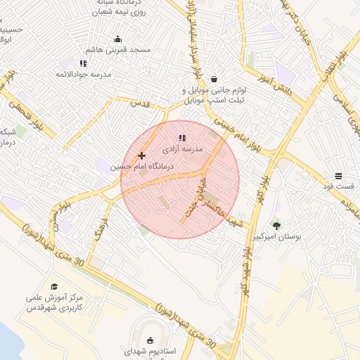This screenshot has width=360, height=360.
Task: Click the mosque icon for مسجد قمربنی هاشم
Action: pyautogui.click(x=117, y=39)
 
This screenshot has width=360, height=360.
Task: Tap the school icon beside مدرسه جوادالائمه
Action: pyautogui.click(x=83, y=63)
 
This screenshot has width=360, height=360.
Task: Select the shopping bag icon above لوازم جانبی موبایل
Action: pyautogui.click(x=214, y=79)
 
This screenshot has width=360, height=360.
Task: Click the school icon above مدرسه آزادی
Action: pyautogui.click(x=182, y=138)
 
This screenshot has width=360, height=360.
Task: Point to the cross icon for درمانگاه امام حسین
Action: pyautogui.click(x=141, y=155)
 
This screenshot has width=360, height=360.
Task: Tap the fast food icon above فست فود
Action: pyautogui.click(x=338, y=175)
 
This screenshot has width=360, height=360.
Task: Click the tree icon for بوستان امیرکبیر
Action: pyautogui.click(x=276, y=226)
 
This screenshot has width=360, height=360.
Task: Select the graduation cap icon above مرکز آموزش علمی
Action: pyautogui.click(x=54, y=286)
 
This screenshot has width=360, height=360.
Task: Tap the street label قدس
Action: pyautogui.click(x=141, y=103)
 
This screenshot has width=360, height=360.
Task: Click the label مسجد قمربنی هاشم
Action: pyautogui.click(x=119, y=51)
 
